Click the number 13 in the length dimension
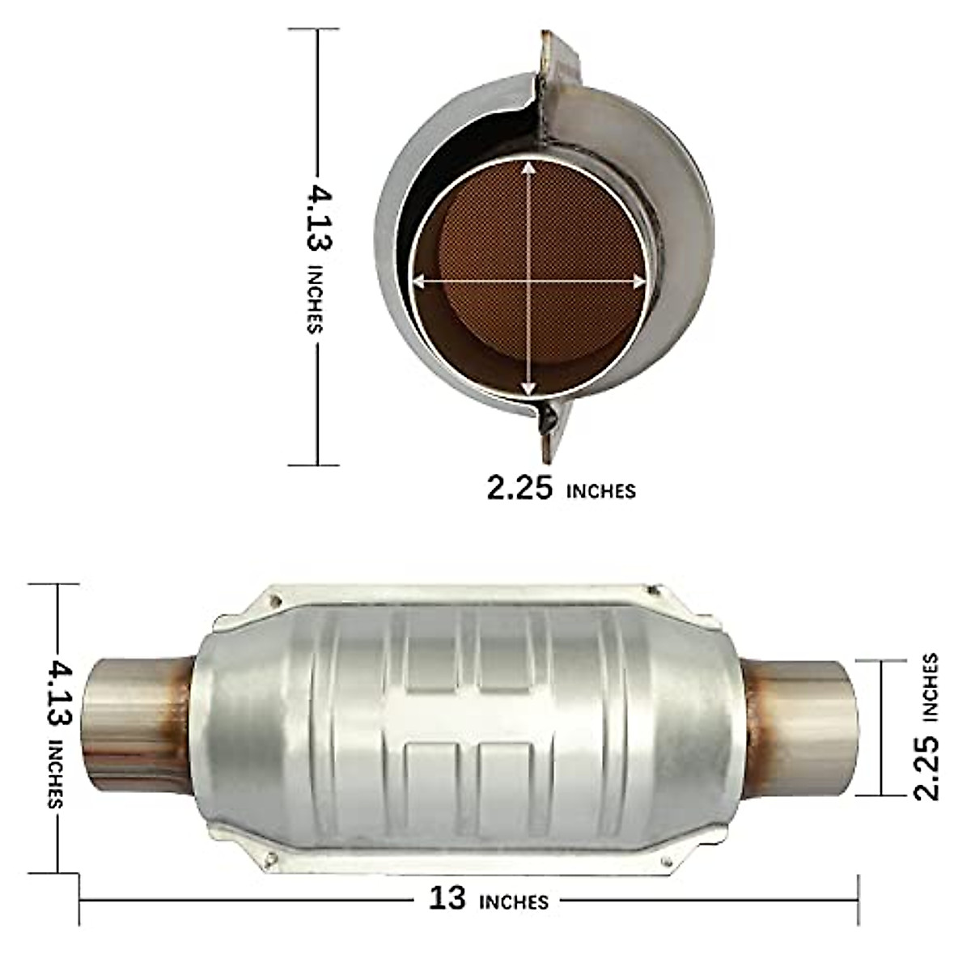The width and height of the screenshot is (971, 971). coord(447,898)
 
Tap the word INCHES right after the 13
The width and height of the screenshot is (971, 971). coord(514,901)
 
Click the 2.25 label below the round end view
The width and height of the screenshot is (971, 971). coord(519,488)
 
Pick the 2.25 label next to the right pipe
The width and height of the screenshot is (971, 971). coord(926,767)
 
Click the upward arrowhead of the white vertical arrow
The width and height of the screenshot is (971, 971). coord(528,167)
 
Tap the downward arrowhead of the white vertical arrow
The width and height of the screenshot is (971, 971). coord(528,388)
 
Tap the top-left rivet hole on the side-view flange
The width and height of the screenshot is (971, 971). coord(276,601)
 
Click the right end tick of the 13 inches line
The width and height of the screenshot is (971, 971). coord(858,898)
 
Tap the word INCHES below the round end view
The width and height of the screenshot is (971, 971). coord(601,491)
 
